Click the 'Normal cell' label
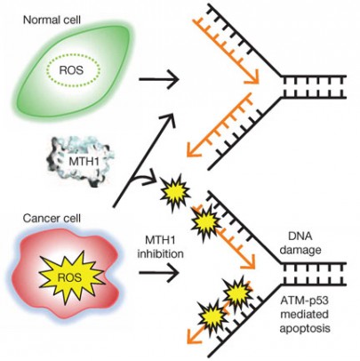(x=52, y=20)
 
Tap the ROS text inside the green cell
(x=71, y=70)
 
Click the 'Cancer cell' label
(x=52, y=219)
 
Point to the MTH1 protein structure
(x=78, y=162)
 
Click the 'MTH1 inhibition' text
(x=160, y=246)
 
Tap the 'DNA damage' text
(x=300, y=244)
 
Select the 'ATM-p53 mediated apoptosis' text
(x=305, y=316)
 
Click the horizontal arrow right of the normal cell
(x=159, y=79)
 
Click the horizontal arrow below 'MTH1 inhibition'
(x=159, y=272)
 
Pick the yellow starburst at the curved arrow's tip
(x=175, y=192)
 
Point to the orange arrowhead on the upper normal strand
(x=252, y=76)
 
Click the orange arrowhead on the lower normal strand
(x=194, y=149)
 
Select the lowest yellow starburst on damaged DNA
(x=213, y=317)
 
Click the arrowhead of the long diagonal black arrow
(x=171, y=117)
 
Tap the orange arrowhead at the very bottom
(x=194, y=336)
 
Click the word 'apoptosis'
(x=305, y=328)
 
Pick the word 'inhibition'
(x=160, y=253)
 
